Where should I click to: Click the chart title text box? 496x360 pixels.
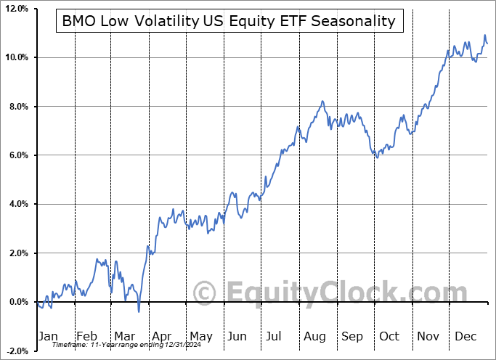[229, 21]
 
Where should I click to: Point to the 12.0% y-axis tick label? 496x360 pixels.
[15, 9]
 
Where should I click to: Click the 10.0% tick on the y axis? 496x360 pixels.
[15, 57]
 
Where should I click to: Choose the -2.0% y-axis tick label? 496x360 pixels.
[16, 351]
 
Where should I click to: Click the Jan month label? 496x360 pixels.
[48, 337]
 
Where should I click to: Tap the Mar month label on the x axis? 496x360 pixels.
[123, 337]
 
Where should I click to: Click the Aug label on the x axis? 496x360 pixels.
[314, 337]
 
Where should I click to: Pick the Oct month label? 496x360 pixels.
[390, 337]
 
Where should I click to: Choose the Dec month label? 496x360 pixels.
[466, 337]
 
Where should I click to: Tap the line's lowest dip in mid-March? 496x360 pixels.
[139, 312]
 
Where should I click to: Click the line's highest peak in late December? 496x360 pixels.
[485, 35]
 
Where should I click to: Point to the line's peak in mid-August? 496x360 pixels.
[322, 101]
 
